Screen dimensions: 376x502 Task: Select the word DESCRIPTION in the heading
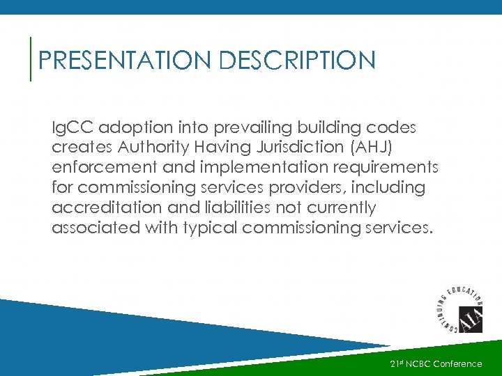pyautogui.click(x=297, y=61)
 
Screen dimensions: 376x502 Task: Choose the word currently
pyautogui.click(x=340, y=208)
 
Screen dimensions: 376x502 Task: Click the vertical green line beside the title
pyautogui.click(x=31, y=59)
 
